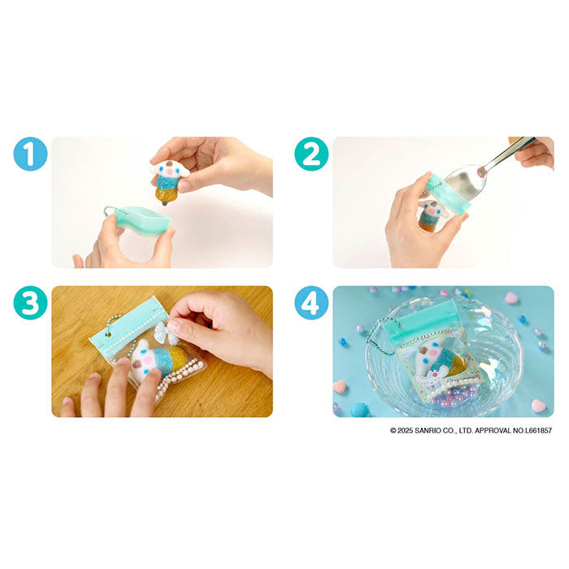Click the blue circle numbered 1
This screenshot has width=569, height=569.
[31, 154]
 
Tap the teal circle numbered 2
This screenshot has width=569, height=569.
[311, 154]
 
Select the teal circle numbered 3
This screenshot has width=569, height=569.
[31, 302]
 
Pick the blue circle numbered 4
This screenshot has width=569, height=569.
[311, 302]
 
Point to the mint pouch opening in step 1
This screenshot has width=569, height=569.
[142, 219]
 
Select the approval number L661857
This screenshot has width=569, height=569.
[538, 430]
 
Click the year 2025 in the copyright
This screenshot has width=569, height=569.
[405, 430]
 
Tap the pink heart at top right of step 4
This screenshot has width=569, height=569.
[511, 298]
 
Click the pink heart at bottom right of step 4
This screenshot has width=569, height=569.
[538, 406]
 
